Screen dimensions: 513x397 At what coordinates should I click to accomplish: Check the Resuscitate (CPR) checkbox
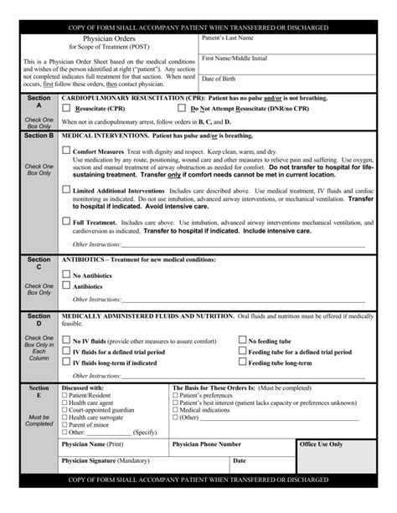[x=68, y=109]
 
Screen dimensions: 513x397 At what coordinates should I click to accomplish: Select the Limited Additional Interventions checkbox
[x=67, y=189]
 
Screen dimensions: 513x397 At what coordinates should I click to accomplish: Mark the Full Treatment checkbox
[x=67, y=221]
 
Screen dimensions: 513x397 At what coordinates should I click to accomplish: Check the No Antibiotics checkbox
[x=66, y=274]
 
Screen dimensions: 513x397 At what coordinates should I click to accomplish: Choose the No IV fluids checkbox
[x=66, y=341]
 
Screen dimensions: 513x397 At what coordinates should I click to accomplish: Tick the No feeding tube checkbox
[x=242, y=341]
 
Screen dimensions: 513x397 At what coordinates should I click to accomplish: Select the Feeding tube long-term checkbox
[x=242, y=362]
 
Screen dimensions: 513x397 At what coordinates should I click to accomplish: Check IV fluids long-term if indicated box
[x=66, y=362]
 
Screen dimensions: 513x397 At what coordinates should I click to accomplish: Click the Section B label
[x=39, y=135]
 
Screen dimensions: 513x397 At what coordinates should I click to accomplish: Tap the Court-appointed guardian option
[x=64, y=410]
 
